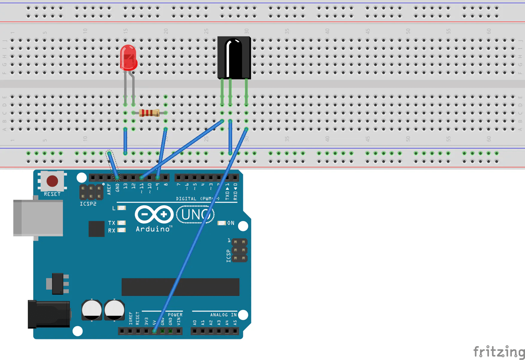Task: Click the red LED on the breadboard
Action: pos(129,57)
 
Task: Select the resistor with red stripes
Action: pos(149,113)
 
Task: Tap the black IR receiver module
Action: pos(234,57)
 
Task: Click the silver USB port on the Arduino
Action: pos(38,218)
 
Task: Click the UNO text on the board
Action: pos(195,215)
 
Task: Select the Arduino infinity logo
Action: pos(154,214)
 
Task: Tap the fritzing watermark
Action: pos(498,351)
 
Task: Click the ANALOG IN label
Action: pos(223,315)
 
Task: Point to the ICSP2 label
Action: pos(88,204)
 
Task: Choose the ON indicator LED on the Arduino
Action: pos(221,223)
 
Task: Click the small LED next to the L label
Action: pos(122,208)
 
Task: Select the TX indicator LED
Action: pos(121,223)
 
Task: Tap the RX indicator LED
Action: pos(121,230)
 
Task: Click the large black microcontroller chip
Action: pos(180,287)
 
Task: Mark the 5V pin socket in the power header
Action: pos(154,331)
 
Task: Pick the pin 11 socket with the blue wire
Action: pos(141,178)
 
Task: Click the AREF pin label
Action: pos(109,189)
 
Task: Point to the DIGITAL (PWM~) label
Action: pos(197,199)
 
